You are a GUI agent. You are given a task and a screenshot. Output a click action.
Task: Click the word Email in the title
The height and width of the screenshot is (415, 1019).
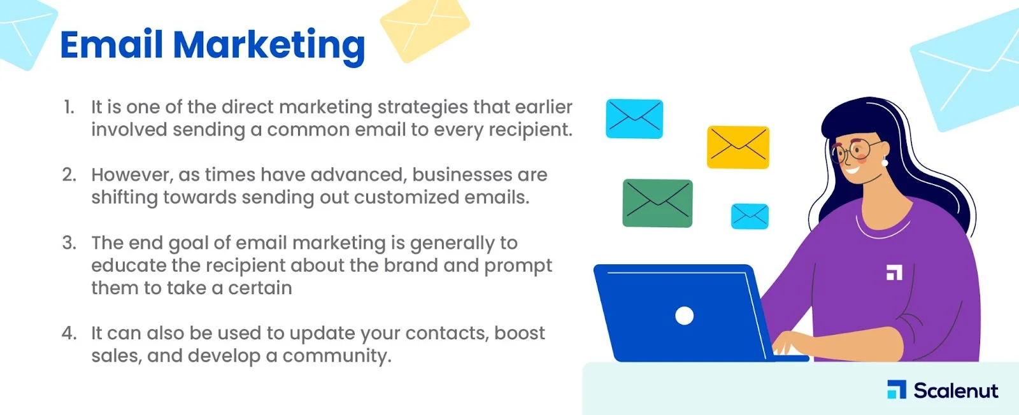(x=111, y=44)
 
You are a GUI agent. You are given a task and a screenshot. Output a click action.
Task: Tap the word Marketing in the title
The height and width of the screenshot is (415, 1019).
(x=269, y=47)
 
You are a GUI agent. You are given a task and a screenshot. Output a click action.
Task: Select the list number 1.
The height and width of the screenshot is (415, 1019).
(x=69, y=108)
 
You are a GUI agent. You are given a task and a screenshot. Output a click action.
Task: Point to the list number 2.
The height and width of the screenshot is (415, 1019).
(x=69, y=175)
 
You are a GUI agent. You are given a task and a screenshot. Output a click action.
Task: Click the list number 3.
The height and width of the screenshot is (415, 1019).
(x=69, y=243)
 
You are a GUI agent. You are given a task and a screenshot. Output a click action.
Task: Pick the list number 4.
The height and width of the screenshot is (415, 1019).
(x=69, y=333)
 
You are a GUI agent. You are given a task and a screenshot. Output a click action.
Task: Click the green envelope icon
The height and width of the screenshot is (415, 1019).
(x=657, y=203)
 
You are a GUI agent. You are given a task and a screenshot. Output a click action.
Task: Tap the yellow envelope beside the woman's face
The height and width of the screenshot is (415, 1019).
(x=738, y=147)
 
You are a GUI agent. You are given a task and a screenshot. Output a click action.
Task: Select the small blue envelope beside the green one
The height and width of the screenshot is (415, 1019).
(x=750, y=216)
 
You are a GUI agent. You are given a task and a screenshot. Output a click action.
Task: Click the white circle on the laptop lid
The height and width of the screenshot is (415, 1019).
(x=684, y=316)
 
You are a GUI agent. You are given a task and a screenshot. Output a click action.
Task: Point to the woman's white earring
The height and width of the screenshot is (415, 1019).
(x=885, y=162)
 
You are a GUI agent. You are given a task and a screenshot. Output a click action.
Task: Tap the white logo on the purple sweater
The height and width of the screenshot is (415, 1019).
(x=894, y=272)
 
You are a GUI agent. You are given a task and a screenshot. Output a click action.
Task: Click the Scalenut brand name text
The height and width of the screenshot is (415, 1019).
(x=956, y=390)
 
